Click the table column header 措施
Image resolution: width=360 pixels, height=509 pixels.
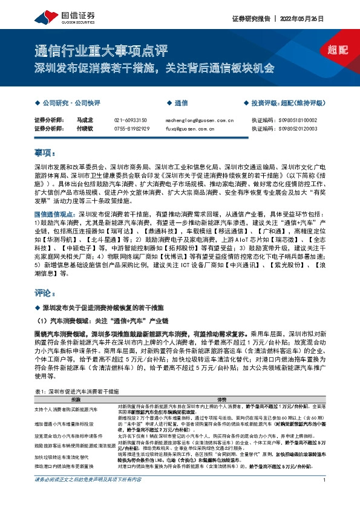76,400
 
